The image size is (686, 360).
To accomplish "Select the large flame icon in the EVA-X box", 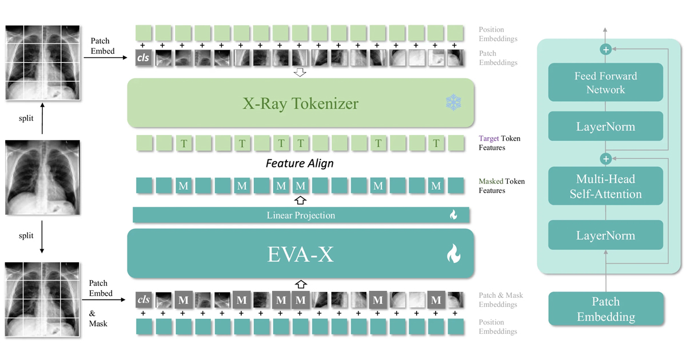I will click(x=453, y=254).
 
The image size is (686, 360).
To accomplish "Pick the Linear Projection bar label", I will click(x=301, y=215).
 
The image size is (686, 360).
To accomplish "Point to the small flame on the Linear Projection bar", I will click(x=453, y=215).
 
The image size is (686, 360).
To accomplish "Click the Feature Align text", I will click(x=300, y=163).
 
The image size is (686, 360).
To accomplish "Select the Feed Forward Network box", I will click(x=605, y=83).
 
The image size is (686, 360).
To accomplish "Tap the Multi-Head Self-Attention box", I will click(x=605, y=186).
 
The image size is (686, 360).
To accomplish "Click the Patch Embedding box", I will click(x=605, y=309).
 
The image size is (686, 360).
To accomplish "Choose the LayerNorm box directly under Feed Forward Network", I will click(x=605, y=126).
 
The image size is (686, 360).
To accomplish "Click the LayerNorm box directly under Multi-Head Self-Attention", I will click(x=605, y=235).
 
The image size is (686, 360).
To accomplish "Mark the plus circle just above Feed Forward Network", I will click(x=605, y=50).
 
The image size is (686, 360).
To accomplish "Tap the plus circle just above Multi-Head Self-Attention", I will click(x=605, y=158).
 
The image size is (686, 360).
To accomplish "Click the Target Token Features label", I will click(x=499, y=143).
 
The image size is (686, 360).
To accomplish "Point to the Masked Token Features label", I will click(x=501, y=186).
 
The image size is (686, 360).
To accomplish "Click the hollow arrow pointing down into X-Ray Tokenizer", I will click(x=300, y=73).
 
